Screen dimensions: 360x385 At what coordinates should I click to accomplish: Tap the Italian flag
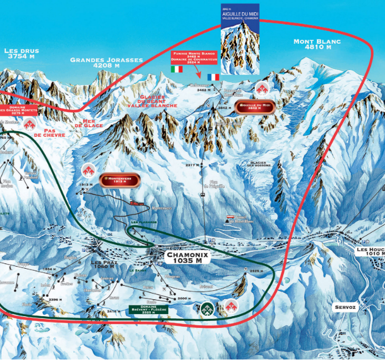pyautogui.click(x=177, y=69)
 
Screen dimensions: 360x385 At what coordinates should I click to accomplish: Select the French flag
pyautogui.click(x=213, y=77)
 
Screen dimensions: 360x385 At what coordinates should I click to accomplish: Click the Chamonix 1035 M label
pyautogui.click(x=188, y=257)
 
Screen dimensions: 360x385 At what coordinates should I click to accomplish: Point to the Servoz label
pyautogui.click(x=345, y=307)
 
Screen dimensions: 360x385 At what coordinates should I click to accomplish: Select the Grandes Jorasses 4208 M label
pyautogui.click(x=107, y=63)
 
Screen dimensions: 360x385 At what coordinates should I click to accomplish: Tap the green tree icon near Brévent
pyautogui.click(x=208, y=308)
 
